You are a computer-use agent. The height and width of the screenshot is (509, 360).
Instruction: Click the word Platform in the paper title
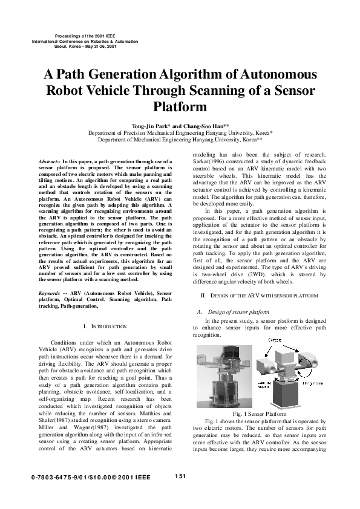click(180, 107)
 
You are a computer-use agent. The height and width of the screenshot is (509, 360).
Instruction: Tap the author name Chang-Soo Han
click(205, 126)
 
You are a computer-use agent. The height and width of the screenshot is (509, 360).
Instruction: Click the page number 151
click(180, 476)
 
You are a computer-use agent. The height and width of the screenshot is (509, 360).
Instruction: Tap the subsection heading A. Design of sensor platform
click(234, 311)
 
